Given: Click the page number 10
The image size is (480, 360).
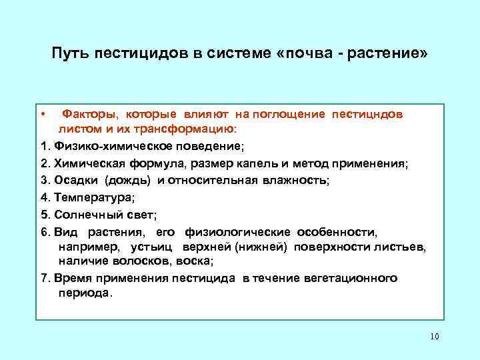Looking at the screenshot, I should pos(434,336).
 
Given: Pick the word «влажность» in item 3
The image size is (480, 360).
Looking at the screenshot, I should pos(293,180).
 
